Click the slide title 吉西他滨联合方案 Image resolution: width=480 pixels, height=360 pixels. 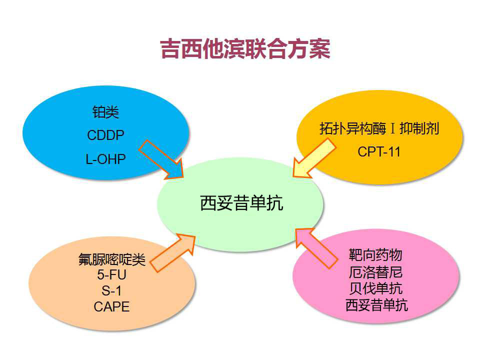point(245,49)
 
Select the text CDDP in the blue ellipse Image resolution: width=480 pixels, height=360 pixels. point(105,135)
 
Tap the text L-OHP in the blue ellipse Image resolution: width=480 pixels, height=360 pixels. point(105,158)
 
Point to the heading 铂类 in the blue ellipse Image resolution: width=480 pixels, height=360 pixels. point(105,112)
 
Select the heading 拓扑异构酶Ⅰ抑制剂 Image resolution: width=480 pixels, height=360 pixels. point(379,128)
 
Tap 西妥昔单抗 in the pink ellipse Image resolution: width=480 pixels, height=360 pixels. point(375,304)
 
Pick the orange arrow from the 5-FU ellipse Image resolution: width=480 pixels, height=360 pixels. point(172,252)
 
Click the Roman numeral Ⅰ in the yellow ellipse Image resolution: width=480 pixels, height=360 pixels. point(393,129)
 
